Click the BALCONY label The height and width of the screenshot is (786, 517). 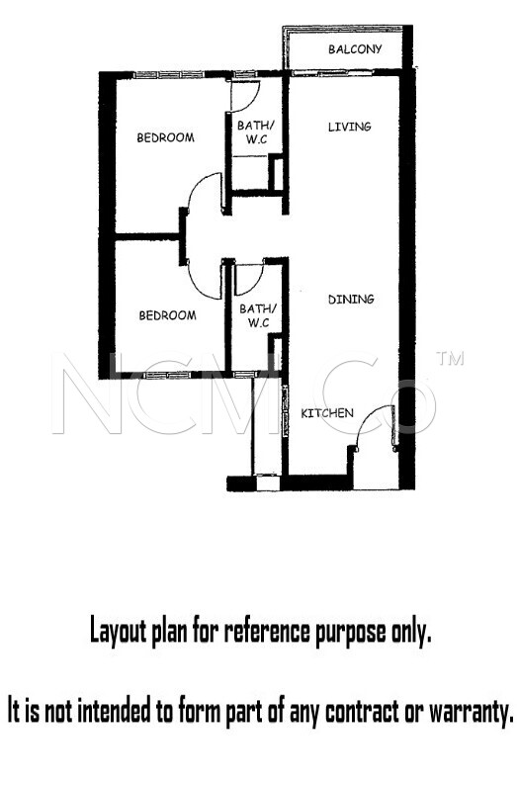point(355,49)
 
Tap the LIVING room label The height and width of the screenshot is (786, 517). point(349,127)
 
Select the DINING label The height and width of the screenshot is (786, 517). point(351,300)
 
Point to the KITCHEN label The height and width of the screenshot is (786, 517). point(326,413)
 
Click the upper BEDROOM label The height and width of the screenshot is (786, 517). point(165,137)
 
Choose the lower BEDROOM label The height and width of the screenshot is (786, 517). point(167,315)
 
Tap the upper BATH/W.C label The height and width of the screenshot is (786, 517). point(256,132)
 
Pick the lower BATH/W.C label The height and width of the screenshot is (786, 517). point(257,315)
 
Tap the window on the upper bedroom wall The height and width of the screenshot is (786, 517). point(169,75)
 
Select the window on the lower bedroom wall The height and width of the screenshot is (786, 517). point(165,375)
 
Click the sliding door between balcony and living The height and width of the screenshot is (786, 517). point(332,73)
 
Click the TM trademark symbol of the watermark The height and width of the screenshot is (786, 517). point(450,358)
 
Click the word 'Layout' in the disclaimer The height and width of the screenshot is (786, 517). point(120,631)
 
